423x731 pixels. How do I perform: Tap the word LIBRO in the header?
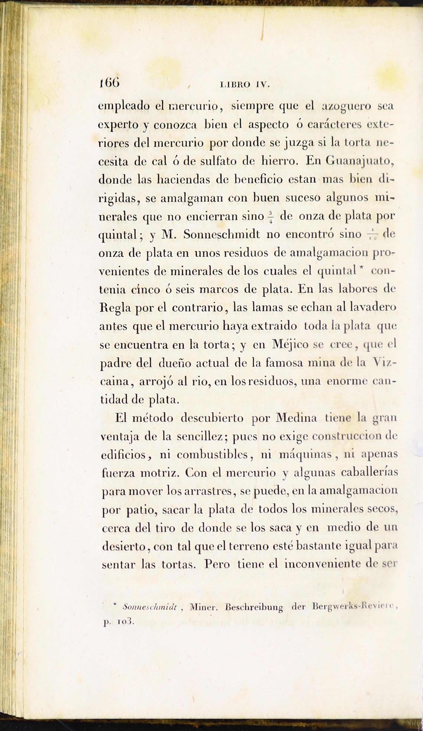click(x=235, y=85)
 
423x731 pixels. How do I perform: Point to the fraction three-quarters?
click(x=271, y=217)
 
